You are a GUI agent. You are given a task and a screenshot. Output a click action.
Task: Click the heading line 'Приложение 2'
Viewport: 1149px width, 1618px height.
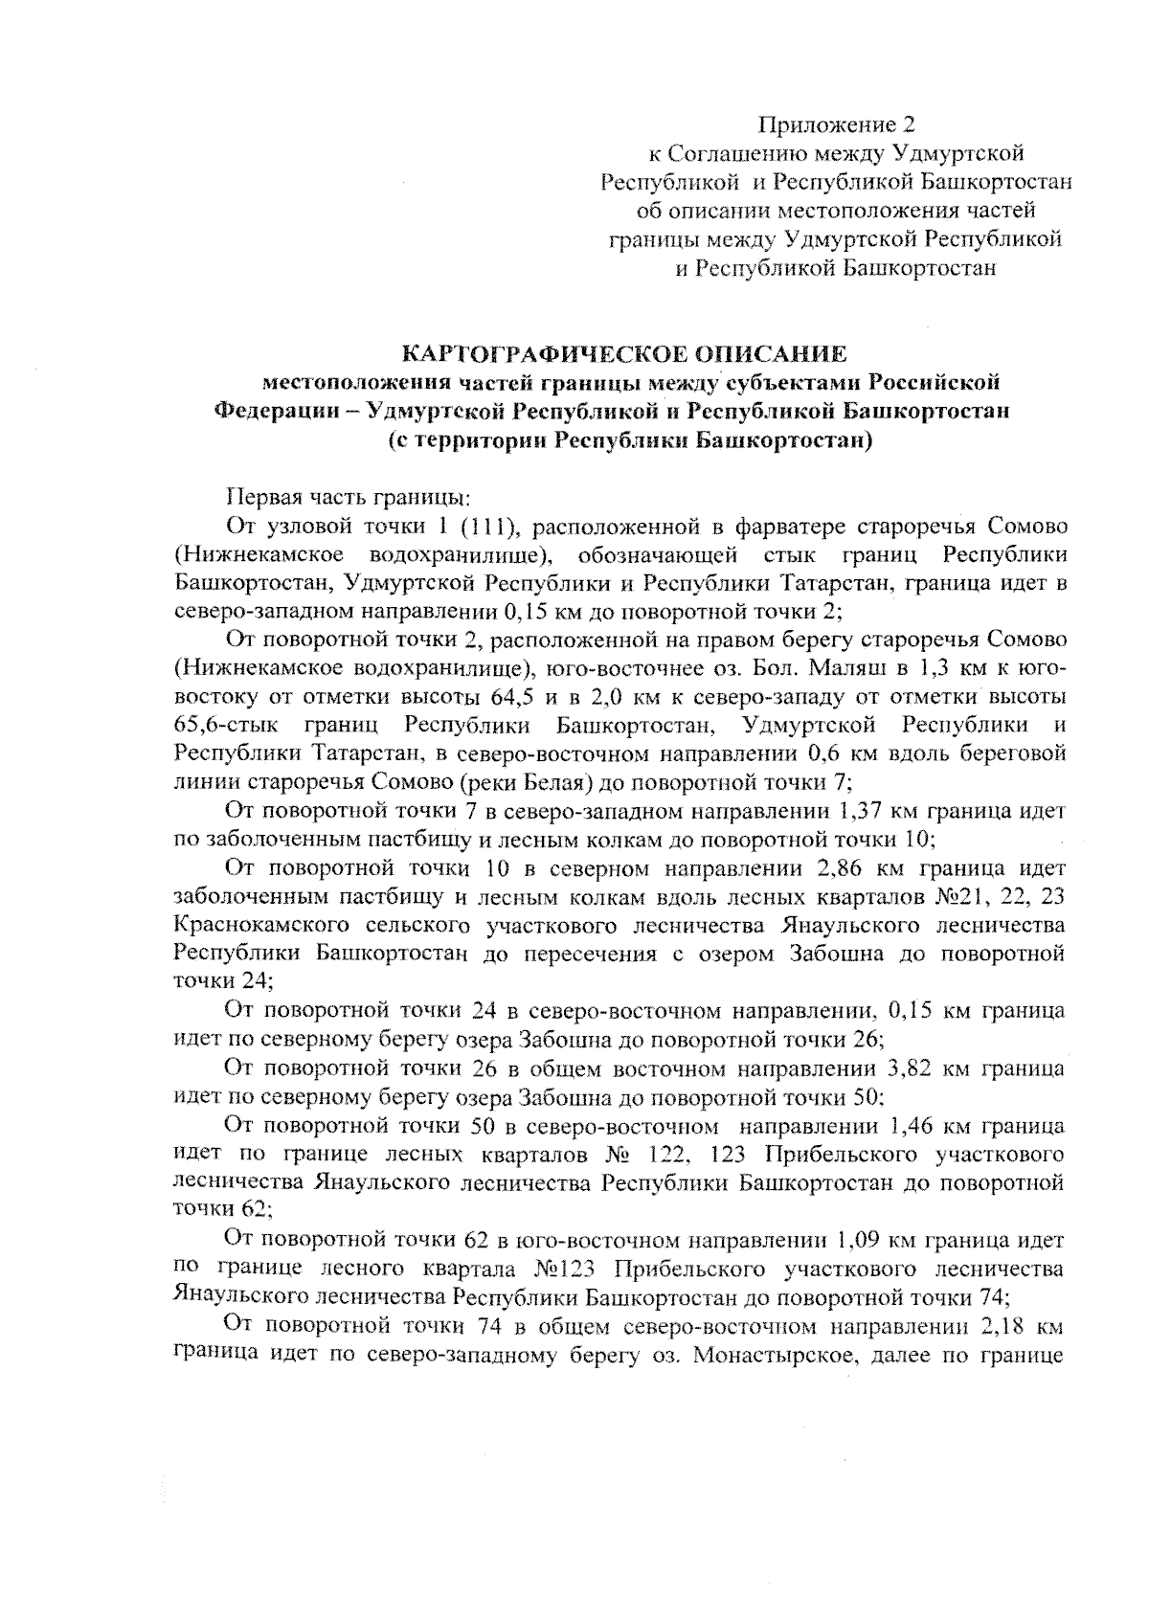coord(837,124)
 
